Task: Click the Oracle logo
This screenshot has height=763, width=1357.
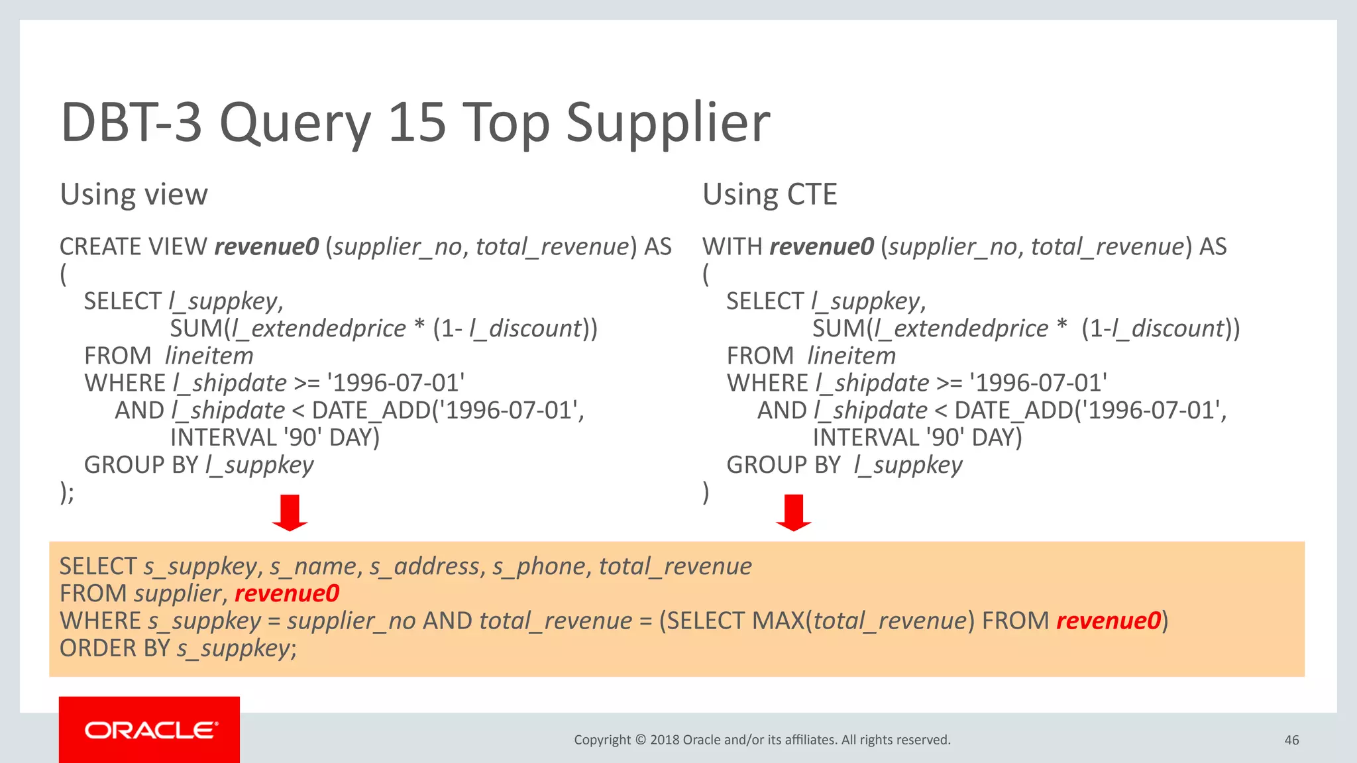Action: [x=150, y=730]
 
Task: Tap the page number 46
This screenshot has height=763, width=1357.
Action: [x=1291, y=740]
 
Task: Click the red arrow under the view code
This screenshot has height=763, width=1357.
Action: [x=290, y=512]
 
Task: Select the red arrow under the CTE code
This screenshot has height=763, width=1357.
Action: [x=793, y=512]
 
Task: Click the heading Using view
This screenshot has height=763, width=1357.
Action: [x=134, y=195]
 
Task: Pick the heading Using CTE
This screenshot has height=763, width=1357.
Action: [x=769, y=195]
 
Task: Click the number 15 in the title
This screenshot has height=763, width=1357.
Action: [x=417, y=123]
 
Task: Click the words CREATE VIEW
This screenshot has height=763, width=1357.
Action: [x=133, y=247]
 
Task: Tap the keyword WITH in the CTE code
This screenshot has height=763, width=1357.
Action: [x=732, y=247]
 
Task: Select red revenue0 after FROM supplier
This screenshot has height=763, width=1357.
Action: [x=287, y=593]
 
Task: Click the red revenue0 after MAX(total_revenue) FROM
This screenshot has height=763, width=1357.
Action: [x=1109, y=621]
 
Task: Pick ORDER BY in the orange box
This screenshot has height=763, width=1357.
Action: [x=115, y=648]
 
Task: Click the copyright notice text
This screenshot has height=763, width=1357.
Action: [x=762, y=740]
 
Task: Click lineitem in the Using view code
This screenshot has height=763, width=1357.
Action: [x=209, y=356]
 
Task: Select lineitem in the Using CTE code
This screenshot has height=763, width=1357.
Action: [x=851, y=356]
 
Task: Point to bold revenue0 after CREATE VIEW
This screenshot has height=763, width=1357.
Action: [x=266, y=247]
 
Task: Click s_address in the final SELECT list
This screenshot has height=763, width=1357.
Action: [x=424, y=567]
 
